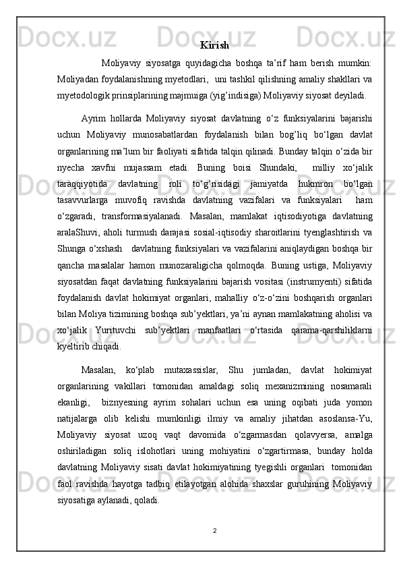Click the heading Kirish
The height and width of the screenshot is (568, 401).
coord(214,46)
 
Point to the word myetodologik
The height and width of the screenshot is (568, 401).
coord(85,95)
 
